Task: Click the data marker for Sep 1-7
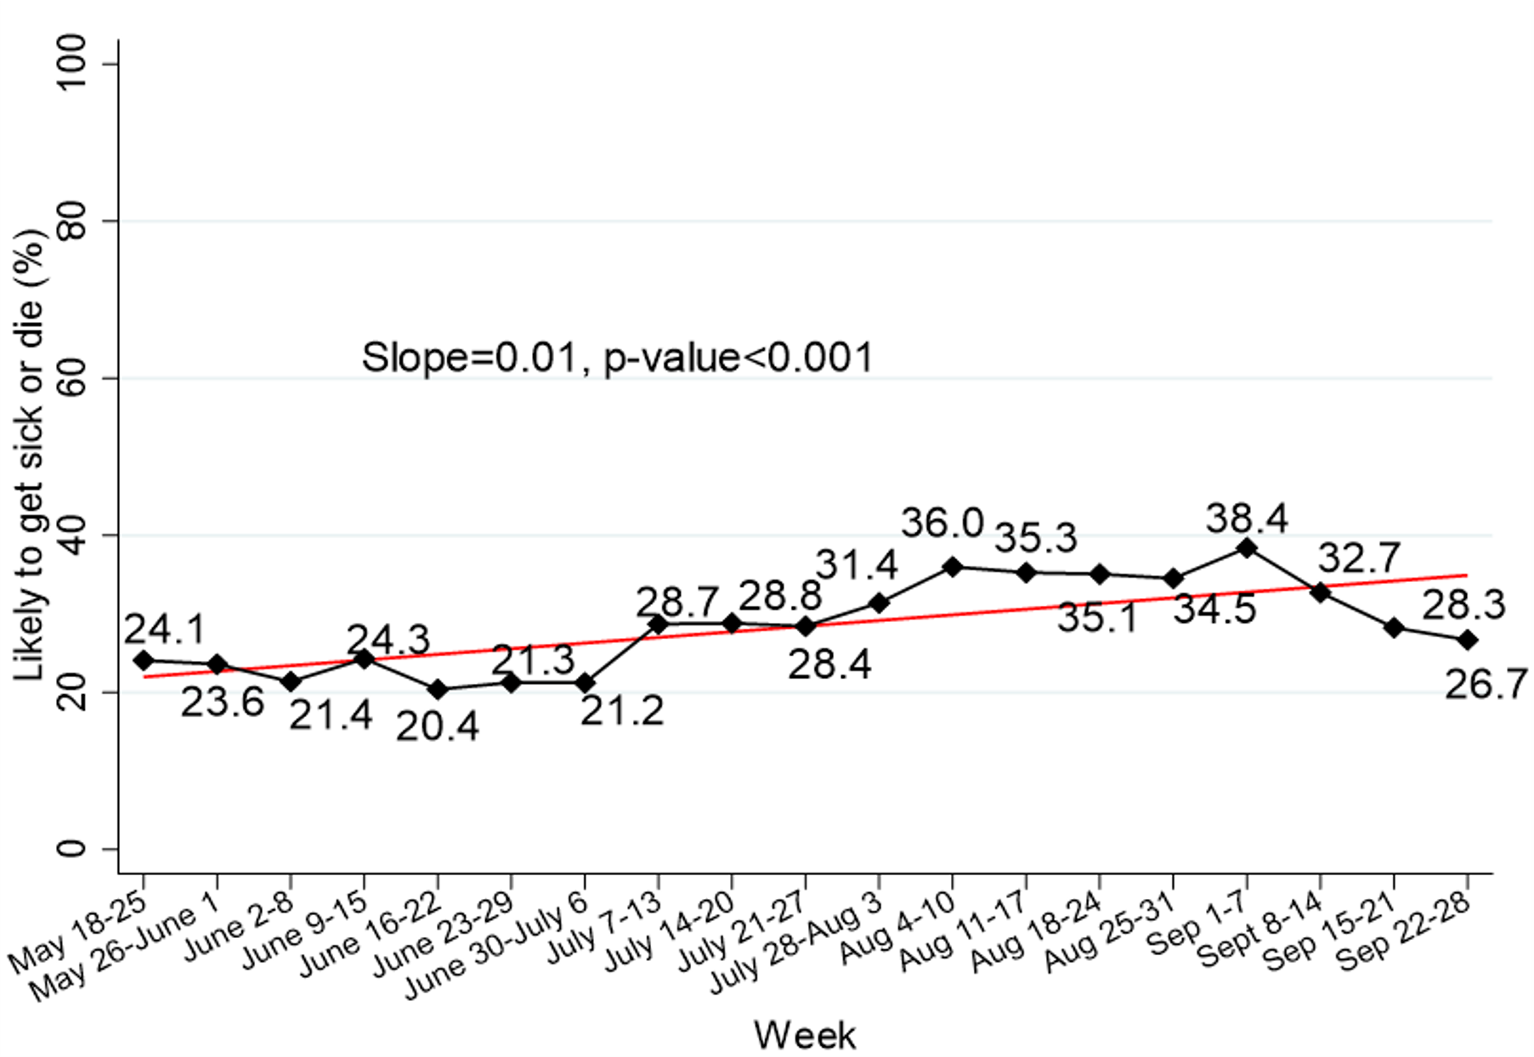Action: pyautogui.click(x=1247, y=548)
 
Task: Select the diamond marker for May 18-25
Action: pyautogui.click(x=143, y=660)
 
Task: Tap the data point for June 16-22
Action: pyautogui.click(x=438, y=689)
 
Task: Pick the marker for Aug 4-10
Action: pyautogui.click(x=953, y=567)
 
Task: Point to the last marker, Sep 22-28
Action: pyautogui.click(x=1468, y=640)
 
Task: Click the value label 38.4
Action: pyautogui.click(x=1247, y=517)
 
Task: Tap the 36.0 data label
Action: pyautogui.click(x=942, y=523)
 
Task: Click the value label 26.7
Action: pyautogui.click(x=1486, y=684)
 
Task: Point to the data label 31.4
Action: pyautogui.click(x=857, y=564)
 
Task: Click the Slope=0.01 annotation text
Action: pyautogui.click(x=617, y=358)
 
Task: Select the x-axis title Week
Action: pyautogui.click(x=805, y=1035)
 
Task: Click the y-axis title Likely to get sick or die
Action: pyautogui.click(x=30, y=455)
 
